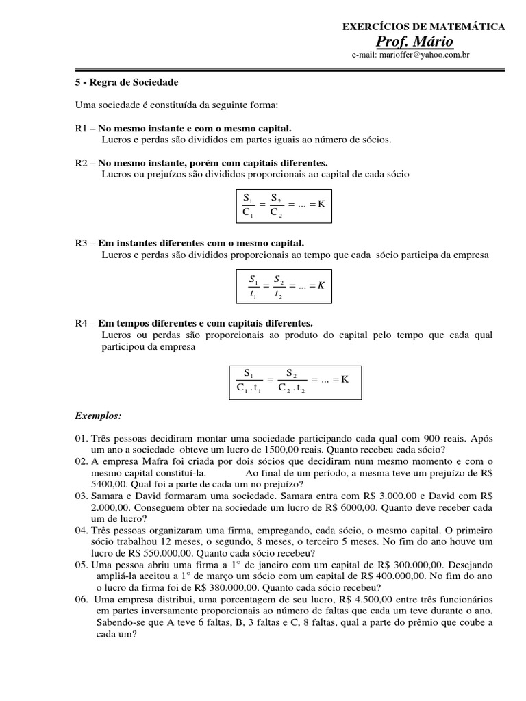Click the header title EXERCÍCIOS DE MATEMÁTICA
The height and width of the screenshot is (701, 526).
[423, 27]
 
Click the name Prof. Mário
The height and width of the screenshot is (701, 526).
[423, 42]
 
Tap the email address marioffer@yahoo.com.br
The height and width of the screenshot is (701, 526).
[410, 55]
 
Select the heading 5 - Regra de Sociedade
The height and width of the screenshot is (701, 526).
[127, 82]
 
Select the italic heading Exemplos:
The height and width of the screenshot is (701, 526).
[98, 416]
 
